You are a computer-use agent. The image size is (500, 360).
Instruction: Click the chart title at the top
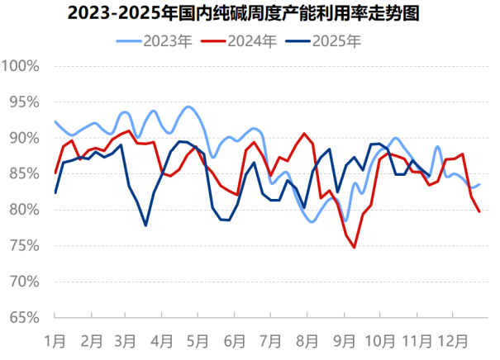click(x=250, y=13)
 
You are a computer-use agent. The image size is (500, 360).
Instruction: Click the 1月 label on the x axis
click(x=55, y=339)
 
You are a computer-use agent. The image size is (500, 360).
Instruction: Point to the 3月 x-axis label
click(x=126, y=339)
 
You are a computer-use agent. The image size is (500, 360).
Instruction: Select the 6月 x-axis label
click(x=235, y=339)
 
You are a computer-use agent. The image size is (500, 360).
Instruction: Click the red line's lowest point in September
click(x=355, y=247)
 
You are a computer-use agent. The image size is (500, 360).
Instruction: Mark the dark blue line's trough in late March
click(x=145, y=225)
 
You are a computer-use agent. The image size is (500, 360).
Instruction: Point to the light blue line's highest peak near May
click(x=188, y=107)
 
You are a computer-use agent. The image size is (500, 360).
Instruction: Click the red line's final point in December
click(x=480, y=211)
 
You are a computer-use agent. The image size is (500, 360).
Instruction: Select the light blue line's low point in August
click(x=313, y=222)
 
